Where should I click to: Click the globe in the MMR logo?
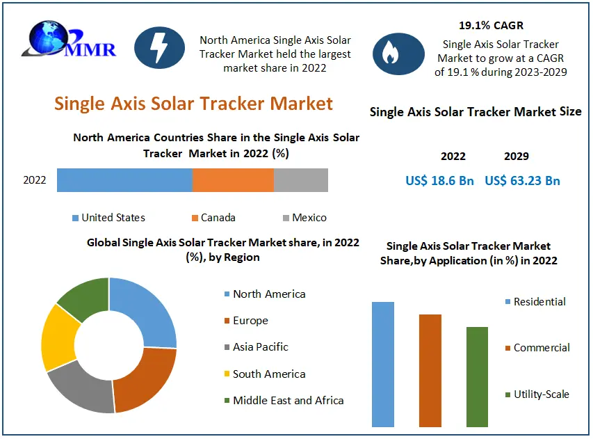(x=49, y=37)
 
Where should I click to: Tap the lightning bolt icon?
(x=160, y=48)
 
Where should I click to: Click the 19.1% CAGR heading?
(x=491, y=25)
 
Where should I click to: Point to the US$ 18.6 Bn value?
(x=439, y=180)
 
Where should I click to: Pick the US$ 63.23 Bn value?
(x=522, y=180)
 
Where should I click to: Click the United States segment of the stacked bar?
(x=125, y=180)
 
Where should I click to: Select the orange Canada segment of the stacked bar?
(x=233, y=180)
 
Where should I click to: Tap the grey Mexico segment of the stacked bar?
(x=301, y=180)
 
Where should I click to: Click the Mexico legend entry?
(x=304, y=218)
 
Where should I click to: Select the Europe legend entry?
(x=246, y=321)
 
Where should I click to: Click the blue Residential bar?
(x=383, y=365)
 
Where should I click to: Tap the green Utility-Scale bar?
(x=478, y=377)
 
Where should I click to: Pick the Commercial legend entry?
(x=537, y=348)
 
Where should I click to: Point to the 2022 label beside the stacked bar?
(x=35, y=180)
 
